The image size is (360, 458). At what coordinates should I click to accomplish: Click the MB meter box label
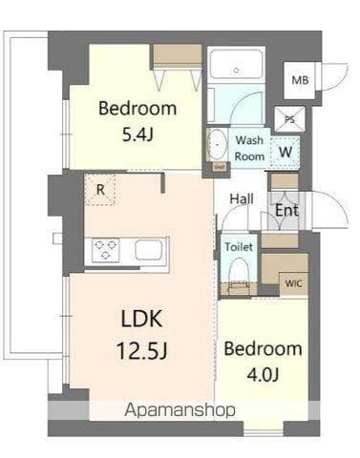coord(300,80)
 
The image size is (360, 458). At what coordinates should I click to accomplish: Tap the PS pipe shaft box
coord(289,119)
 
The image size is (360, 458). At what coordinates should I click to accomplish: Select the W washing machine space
coord(286,152)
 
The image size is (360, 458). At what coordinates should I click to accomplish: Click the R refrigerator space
coord(100,190)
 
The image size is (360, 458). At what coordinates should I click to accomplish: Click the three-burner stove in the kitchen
coord(105,250)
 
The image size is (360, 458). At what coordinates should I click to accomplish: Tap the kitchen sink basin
coord(149,250)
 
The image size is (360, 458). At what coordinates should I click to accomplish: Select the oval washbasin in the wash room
coord(217,145)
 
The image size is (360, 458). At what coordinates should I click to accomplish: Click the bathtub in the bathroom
coord(236,64)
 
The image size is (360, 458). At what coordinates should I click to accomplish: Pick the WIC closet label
coord(293,283)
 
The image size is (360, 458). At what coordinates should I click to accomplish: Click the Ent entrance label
coord(286,210)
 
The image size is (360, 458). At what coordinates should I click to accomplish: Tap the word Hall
coord(242,199)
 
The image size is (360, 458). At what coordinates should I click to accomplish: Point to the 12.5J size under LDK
coord(142,350)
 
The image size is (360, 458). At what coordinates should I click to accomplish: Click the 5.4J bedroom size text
coord(138,135)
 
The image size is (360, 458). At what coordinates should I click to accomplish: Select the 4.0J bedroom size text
coord(263,374)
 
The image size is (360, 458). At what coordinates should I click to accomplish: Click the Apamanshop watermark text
coord(180,410)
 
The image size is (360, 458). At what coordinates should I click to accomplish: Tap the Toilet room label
coord(239,246)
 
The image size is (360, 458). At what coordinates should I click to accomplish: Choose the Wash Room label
coord(249,148)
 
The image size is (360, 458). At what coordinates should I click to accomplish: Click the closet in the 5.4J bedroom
coord(177,55)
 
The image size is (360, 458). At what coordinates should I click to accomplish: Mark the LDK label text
coord(141,319)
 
